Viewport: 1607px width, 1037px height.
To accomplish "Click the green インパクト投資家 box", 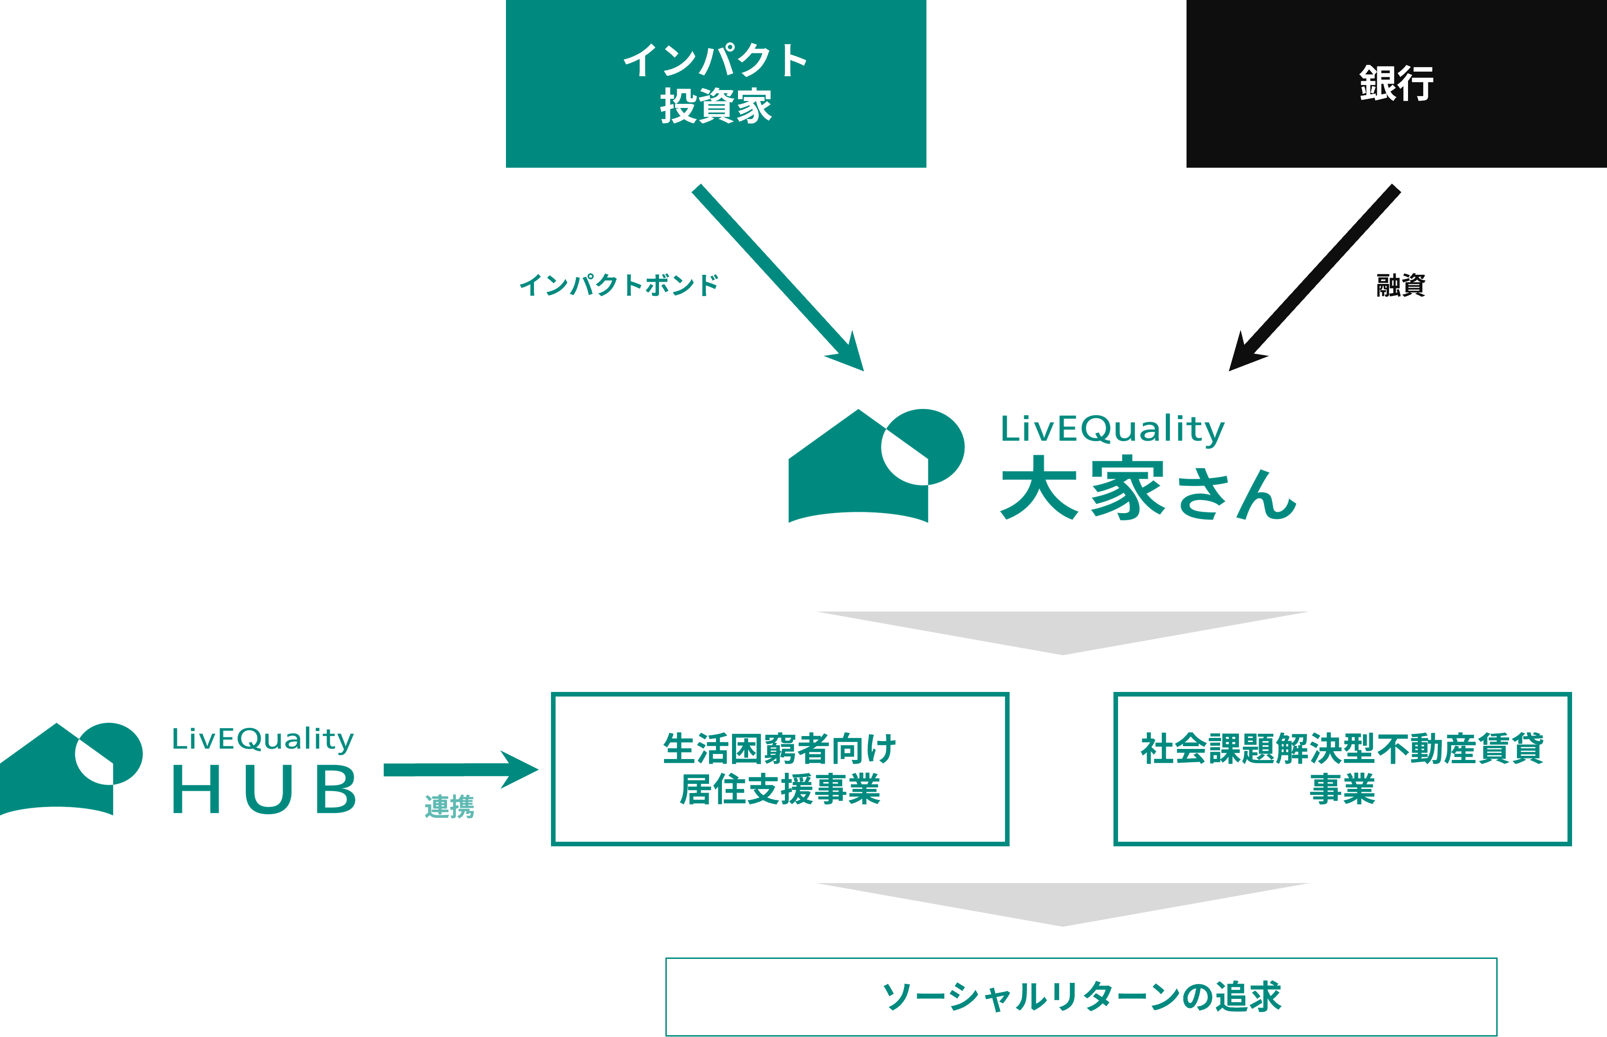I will (x=715, y=84).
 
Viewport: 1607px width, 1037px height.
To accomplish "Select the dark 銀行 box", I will (x=1396, y=84).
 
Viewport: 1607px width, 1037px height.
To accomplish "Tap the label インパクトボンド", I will (x=618, y=285).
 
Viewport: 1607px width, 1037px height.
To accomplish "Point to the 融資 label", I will (x=1401, y=285).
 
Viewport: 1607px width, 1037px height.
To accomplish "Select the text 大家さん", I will (x=1148, y=489).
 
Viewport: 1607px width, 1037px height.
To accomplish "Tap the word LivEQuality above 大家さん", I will (x=1112, y=429).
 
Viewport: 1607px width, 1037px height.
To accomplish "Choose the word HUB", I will (x=264, y=789).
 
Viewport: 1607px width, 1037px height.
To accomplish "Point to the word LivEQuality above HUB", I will (x=263, y=739).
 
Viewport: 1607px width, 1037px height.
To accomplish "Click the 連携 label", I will (x=449, y=806).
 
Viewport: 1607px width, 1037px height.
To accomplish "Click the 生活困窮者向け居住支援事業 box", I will (x=779, y=768).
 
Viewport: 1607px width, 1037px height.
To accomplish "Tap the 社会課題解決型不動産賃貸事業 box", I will (x=1342, y=768).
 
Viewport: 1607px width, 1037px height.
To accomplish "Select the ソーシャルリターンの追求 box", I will (x=1081, y=997).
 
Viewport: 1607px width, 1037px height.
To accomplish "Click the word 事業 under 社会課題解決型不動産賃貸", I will (x=1342, y=789).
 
